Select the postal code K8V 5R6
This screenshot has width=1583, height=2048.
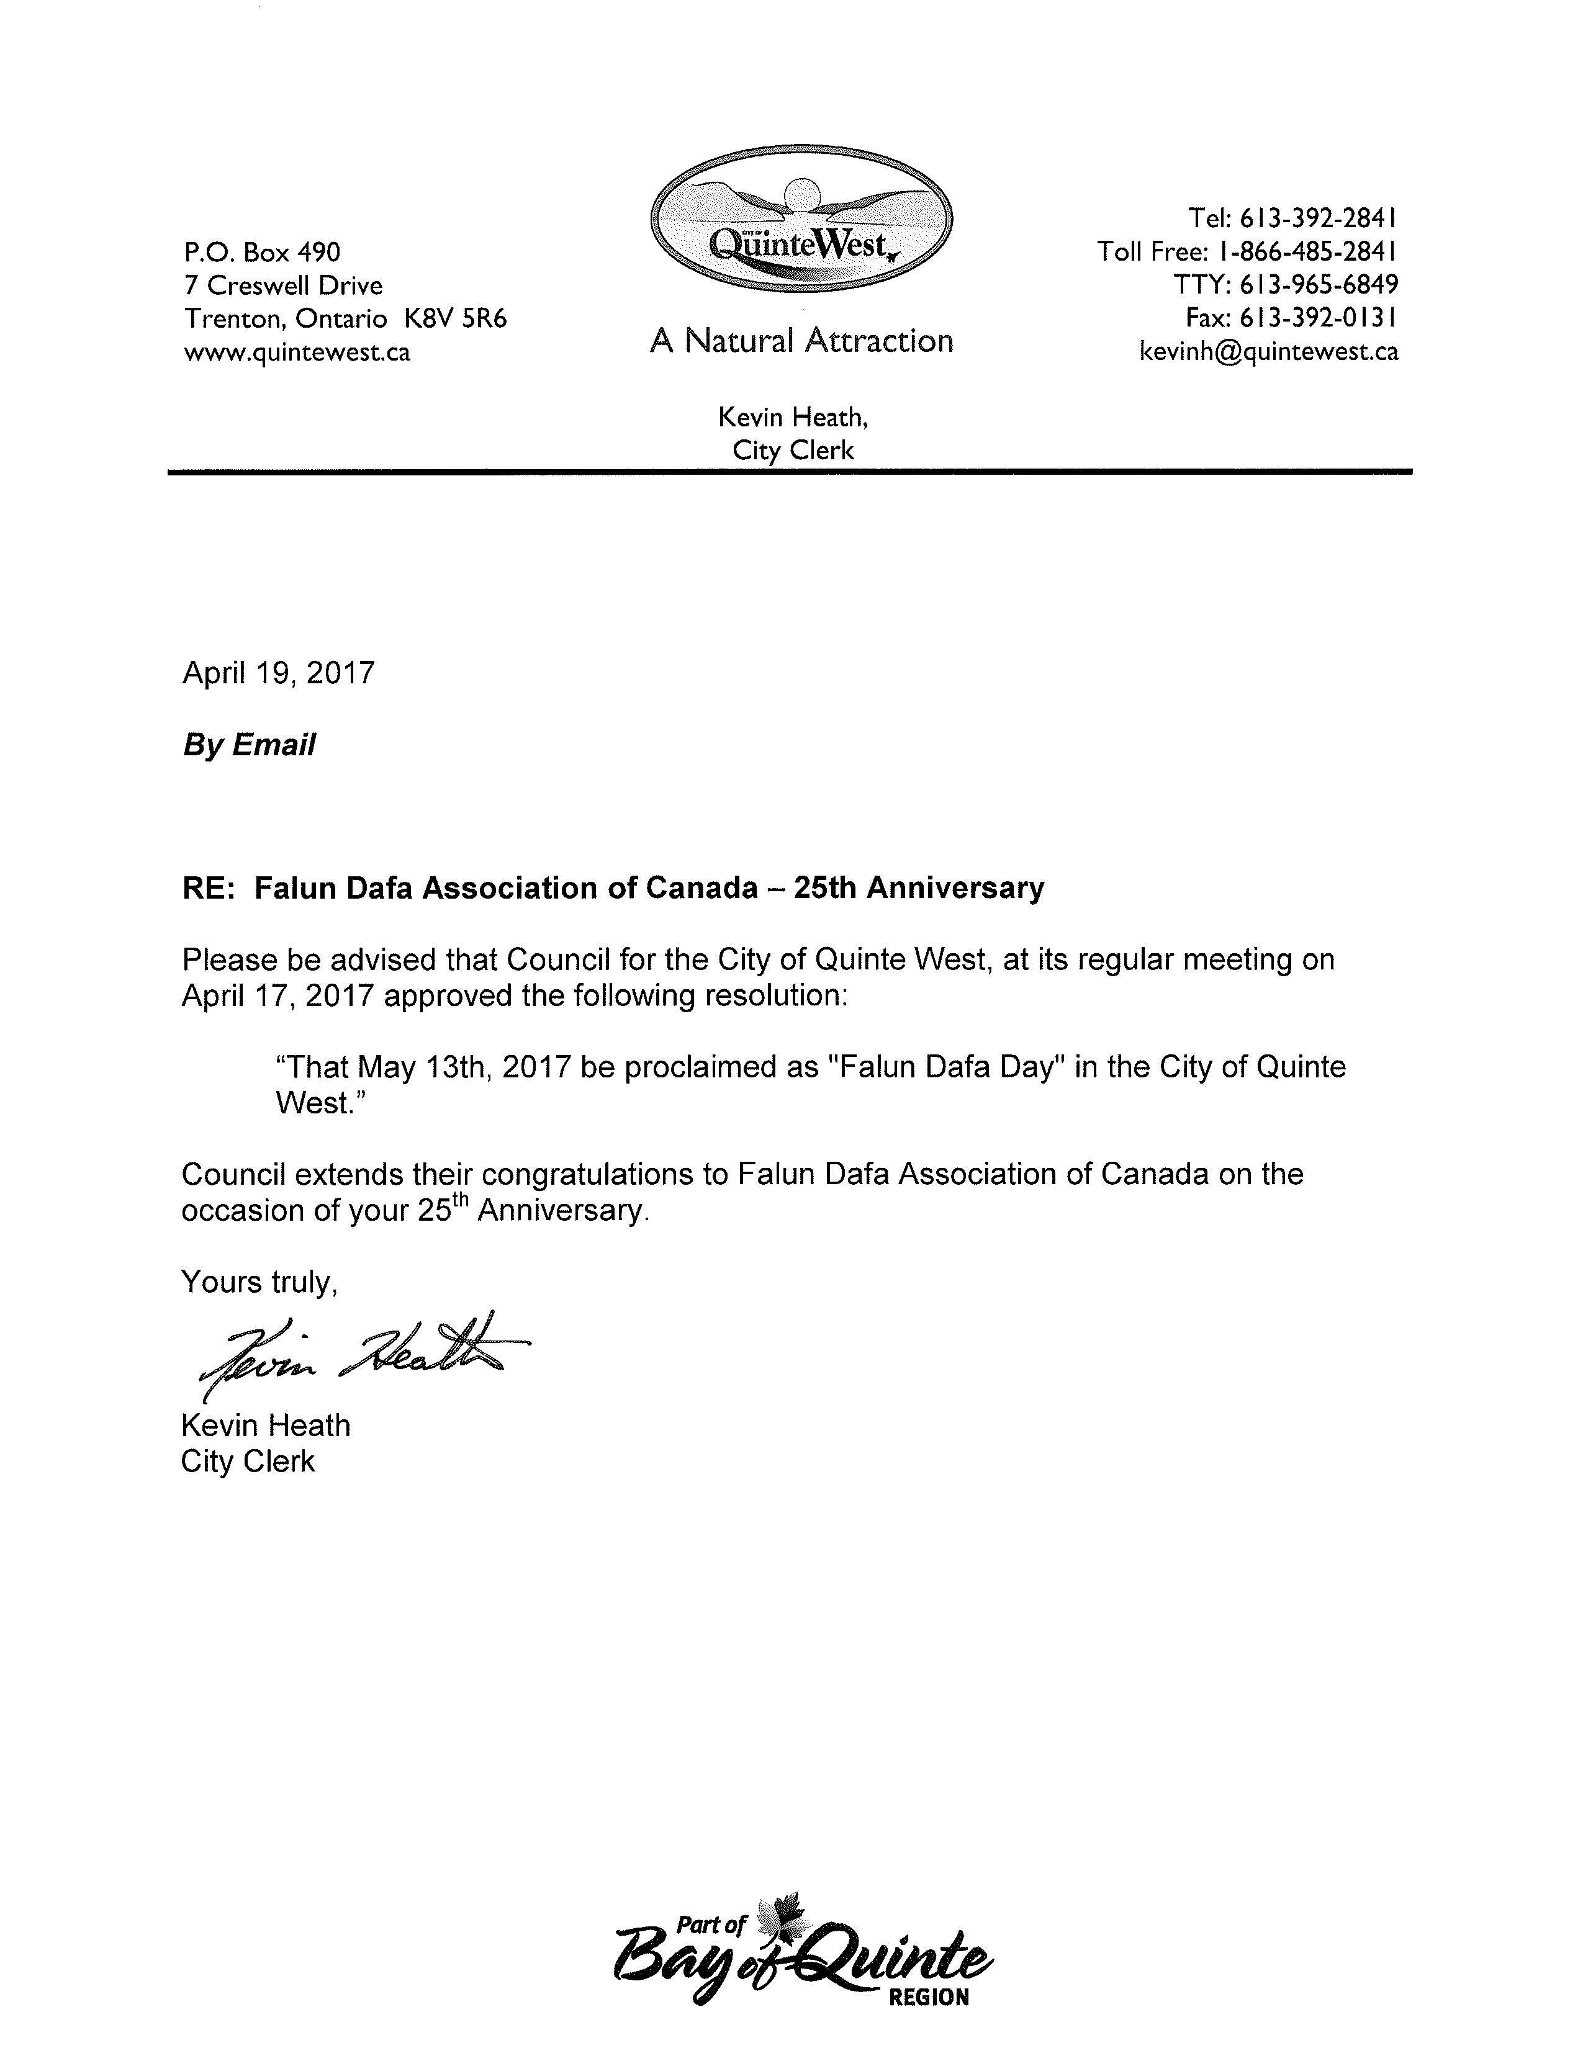pyautogui.click(x=455, y=319)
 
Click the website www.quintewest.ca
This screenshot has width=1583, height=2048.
pyautogui.click(x=297, y=353)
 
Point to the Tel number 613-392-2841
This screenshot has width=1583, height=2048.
pyautogui.click(x=1317, y=218)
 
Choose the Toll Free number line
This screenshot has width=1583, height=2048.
pyautogui.click(x=1247, y=251)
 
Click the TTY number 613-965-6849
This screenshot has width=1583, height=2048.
pyautogui.click(x=1317, y=284)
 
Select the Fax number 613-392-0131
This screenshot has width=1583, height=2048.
pyautogui.click(x=1317, y=318)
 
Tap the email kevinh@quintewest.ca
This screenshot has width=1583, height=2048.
pyautogui.click(x=1268, y=352)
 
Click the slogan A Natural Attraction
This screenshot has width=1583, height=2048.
pyautogui.click(x=801, y=340)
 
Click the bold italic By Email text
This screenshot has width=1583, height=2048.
pyautogui.click(x=248, y=745)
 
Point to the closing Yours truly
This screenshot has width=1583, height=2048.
pyautogui.click(x=259, y=1282)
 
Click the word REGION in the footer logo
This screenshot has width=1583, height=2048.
pyautogui.click(x=929, y=1997)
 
